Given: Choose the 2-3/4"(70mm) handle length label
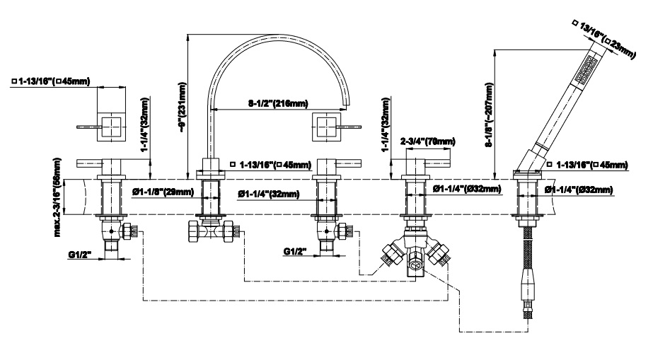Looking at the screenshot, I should pyautogui.click(x=427, y=141).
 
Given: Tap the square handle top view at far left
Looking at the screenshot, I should pyautogui.click(x=111, y=128).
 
